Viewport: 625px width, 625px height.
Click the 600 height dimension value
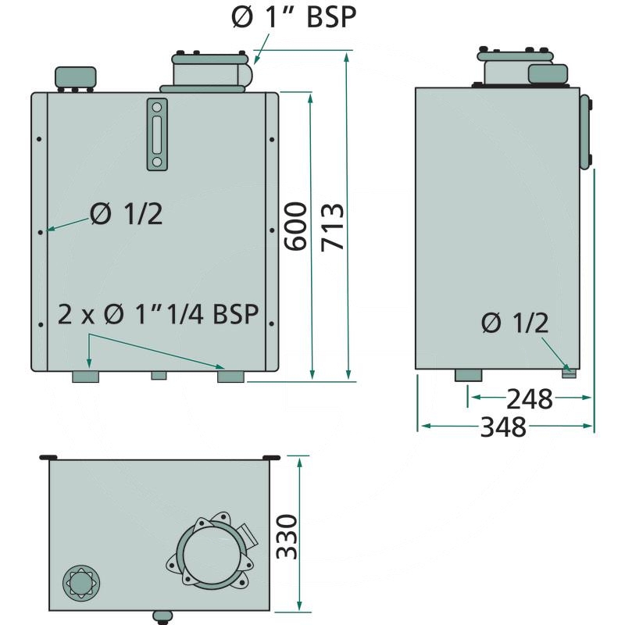(295, 227)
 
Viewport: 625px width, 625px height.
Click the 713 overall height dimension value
(331, 227)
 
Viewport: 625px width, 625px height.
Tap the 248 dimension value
(529, 399)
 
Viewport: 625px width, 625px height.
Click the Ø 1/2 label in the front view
(126, 213)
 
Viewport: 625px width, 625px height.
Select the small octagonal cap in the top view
(80, 582)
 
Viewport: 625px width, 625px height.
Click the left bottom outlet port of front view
(85, 377)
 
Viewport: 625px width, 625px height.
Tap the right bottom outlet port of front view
(231, 377)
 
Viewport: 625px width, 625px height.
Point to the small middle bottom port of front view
(159, 376)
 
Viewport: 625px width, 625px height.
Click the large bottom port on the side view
(469, 376)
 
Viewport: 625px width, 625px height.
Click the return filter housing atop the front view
(207, 71)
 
